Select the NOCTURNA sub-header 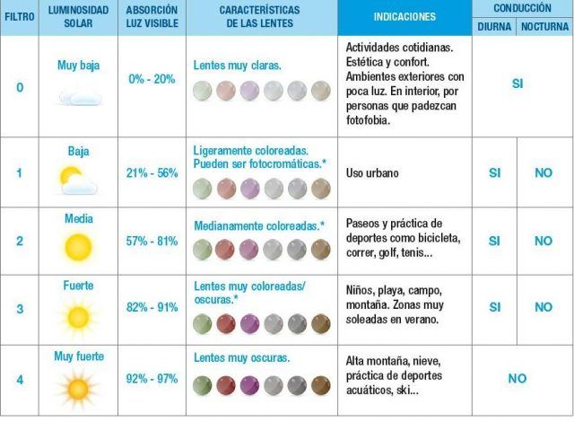pos(544,26)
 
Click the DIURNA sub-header pos(494,26)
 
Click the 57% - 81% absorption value pos(152,242)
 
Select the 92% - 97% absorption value pos(152,378)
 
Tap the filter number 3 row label pos(19,307)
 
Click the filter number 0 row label pos(19,86)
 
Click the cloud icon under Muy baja pos(77,97)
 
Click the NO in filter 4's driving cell pos(517,378)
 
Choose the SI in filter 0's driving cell pos(517,84)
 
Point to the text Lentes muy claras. pos(238,66)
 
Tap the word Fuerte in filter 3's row pos(78,286)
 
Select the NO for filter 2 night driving pos(544,241)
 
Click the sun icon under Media pos(78,246)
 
